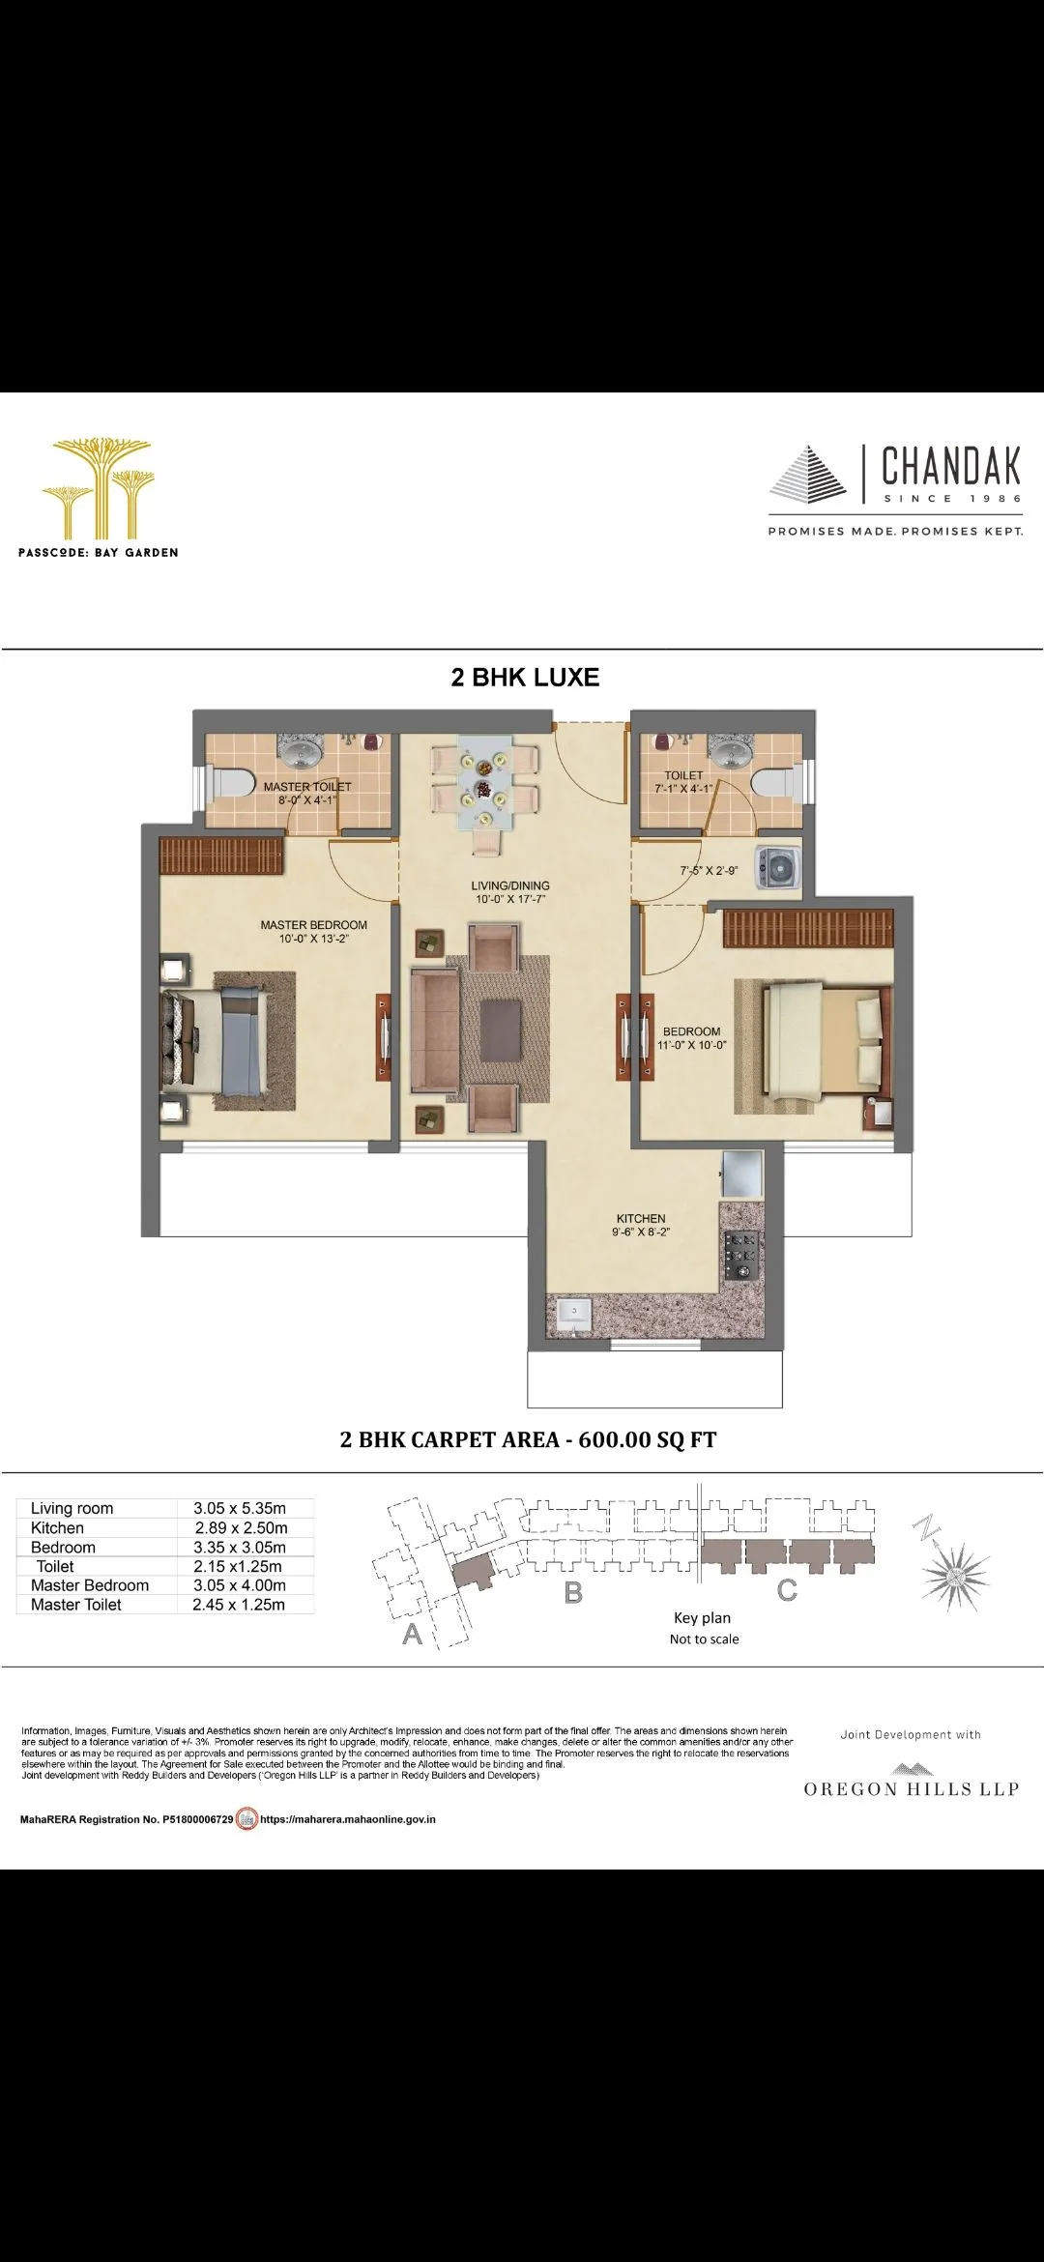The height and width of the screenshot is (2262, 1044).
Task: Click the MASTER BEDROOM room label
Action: tap(313, 925)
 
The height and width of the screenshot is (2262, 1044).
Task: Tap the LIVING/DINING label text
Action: tap(510, 885)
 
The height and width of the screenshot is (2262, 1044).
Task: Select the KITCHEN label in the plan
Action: tap(641, 1219)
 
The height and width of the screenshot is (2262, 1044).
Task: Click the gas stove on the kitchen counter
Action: tap(741, 1256)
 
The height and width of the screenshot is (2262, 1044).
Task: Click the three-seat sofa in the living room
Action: tap(434, 1030)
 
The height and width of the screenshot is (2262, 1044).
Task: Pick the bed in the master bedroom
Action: tap(217, 1041)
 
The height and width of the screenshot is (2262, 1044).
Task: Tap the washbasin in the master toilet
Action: tap(303, 750)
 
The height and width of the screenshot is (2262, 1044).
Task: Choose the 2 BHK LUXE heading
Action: tap(525, 678)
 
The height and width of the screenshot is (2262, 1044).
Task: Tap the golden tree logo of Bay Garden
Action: tap(97, 487)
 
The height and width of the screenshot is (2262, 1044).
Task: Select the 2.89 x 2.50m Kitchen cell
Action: tap(241, 1528)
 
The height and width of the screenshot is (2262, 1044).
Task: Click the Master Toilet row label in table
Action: tap(76, 1605)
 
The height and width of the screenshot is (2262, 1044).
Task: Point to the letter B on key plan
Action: tap(573, 1592)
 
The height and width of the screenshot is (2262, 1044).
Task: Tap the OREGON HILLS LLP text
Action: tap(912, 1789)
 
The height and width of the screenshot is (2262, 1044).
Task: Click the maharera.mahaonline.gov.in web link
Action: tap(348, 1819)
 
